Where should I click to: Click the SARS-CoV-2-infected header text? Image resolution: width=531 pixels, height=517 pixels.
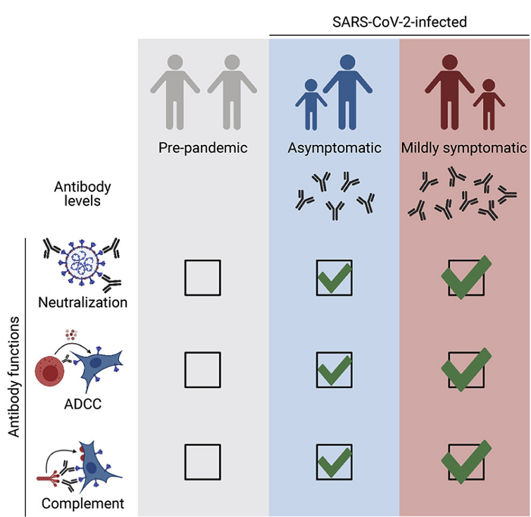point(399,23)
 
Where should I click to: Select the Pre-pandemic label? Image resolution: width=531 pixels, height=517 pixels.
point(203,148)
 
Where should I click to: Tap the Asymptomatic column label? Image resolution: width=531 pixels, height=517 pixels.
point(334,148)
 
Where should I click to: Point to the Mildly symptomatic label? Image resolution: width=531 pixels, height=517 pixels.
point(464,148)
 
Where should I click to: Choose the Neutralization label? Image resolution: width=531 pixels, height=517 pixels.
point(83,302)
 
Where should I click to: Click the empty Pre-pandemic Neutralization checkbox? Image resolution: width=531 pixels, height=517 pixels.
point(203,278)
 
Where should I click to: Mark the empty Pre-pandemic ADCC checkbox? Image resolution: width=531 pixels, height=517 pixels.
point(203,370)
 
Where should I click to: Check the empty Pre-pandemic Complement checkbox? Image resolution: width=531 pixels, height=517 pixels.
point(203,462)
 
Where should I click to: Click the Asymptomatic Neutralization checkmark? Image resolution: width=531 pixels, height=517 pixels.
point(335,279)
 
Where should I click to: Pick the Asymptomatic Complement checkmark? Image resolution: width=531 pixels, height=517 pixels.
point(335,462)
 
